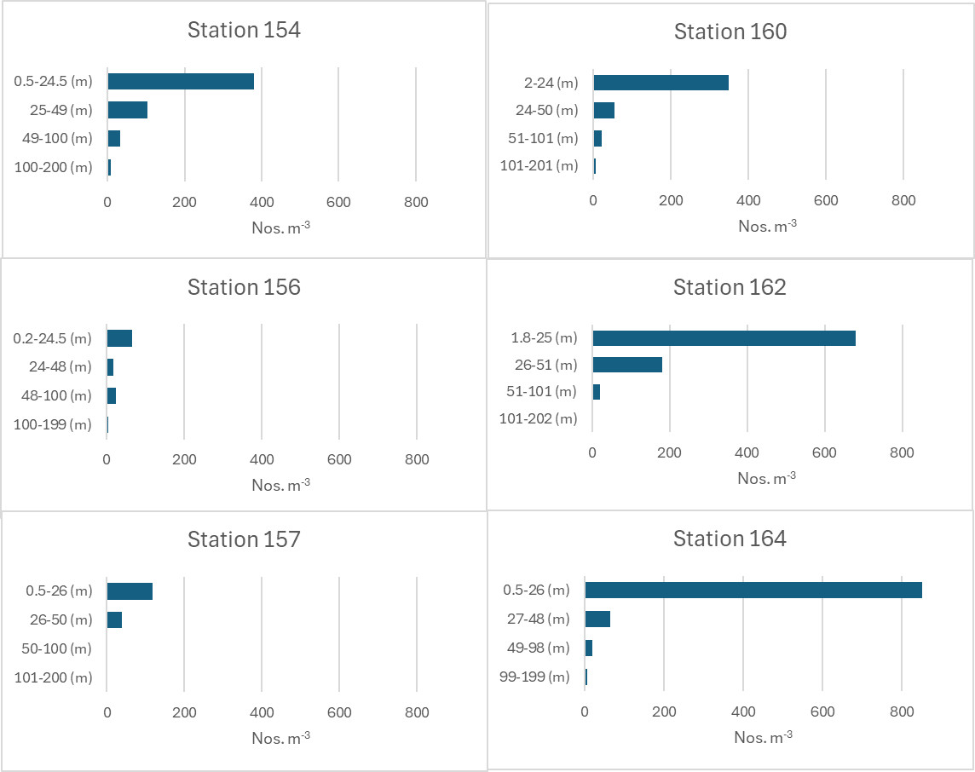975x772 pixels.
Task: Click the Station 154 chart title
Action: [244, 31]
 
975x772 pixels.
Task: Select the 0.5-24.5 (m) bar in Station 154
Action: [181, 82]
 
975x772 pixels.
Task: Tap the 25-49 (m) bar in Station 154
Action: [127, 110]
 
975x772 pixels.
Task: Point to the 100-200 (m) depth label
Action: [53, 167]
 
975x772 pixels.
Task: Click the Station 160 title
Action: [730, 32]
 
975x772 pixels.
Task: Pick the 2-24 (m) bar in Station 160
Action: [661, 83]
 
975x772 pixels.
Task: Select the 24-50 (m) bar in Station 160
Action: [603, 111]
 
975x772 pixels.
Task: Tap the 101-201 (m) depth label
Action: [539, 165]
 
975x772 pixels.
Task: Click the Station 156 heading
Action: [244, 287]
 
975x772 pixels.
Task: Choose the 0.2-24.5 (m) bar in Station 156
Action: [119, 338]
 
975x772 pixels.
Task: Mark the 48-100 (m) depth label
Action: [56, 395]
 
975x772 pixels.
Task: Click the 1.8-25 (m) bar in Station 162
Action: [724, 338]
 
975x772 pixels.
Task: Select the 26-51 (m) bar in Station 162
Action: [627, 365]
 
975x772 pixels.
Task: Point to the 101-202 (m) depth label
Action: [538, 418]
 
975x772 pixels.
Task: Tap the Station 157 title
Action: [244, 539]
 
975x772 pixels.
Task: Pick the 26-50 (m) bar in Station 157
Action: [114, 619]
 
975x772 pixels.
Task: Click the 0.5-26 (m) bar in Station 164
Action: [753, 591]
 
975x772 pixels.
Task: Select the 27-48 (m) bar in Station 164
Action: [597, 619]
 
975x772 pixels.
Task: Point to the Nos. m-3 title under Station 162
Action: [766, 478]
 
